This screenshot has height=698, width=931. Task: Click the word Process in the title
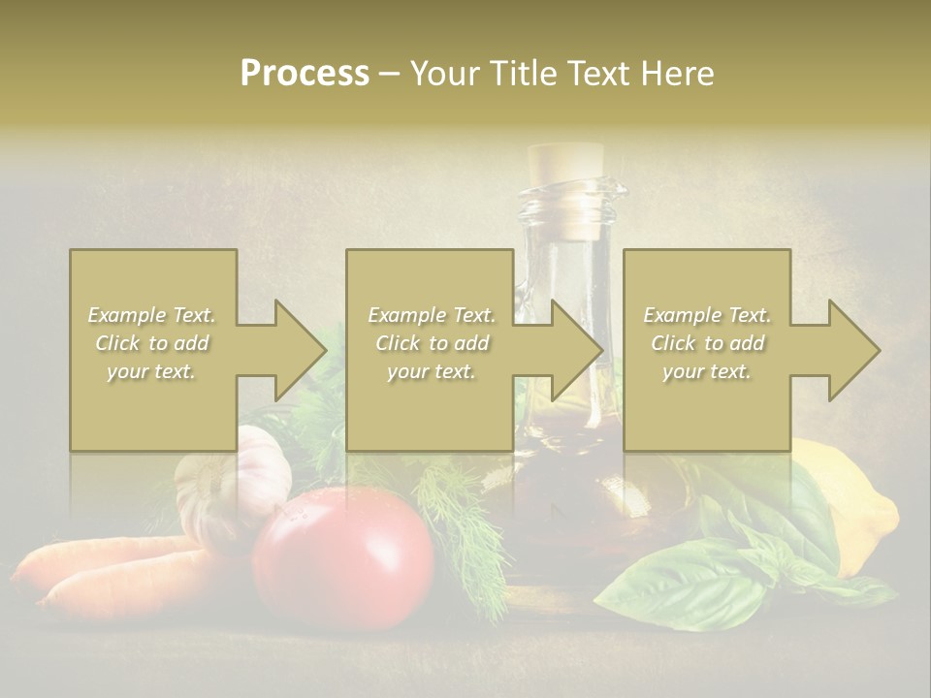click(305, 74)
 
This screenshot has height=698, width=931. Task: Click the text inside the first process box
click(151, 343)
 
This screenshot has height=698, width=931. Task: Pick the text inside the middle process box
click(431, 343)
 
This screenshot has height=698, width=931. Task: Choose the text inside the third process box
click(707, 343)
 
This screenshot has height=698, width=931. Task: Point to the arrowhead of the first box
click(301, 350)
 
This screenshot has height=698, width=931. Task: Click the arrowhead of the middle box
click(578, 350)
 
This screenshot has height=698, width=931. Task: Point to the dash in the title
click(390, 75)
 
